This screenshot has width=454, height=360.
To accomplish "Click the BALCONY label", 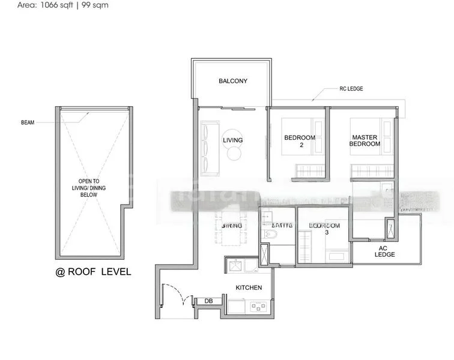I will [x=233, y=80].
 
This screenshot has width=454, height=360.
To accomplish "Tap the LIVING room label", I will [x=232, y=140].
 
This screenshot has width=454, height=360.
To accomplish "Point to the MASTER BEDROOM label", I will [x=366, y=140].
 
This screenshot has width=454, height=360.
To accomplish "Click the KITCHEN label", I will [x=249, y=287].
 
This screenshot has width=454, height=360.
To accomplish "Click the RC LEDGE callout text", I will [x=351, y=89].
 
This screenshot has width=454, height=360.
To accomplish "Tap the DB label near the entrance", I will [x=208, y=301].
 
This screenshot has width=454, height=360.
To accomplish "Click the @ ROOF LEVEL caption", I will [x=93, y=272].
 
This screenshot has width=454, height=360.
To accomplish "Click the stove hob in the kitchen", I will [x=259, y=307].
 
